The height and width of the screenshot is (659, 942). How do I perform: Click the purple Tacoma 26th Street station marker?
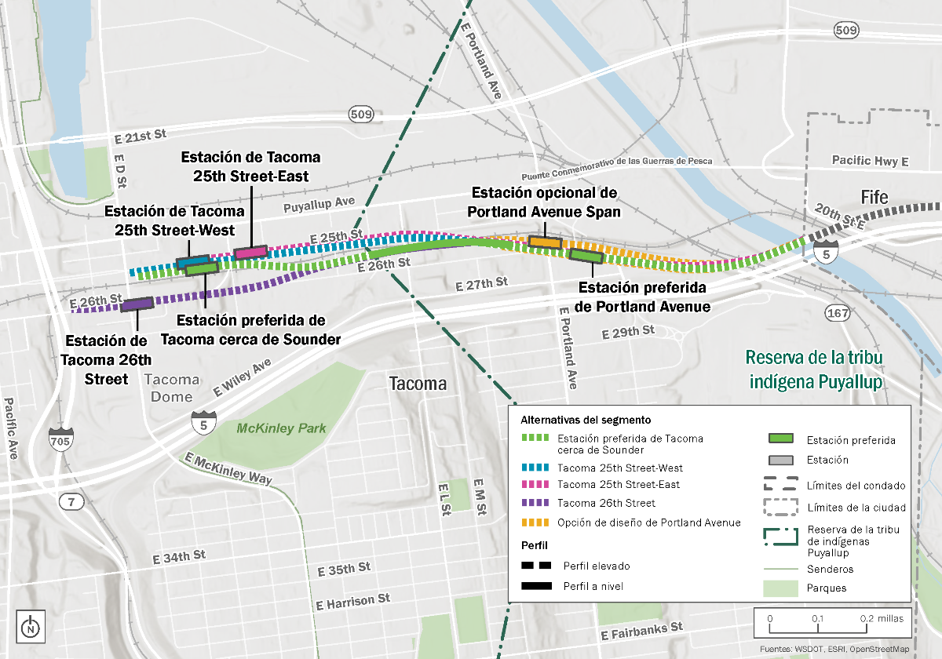(x=137, y=304)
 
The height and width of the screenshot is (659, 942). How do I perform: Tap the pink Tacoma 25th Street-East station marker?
(x=250, y=253)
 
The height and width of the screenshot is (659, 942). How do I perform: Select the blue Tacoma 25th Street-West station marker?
(x=192, y=261)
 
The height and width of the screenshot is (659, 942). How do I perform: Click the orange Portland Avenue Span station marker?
(x=544, y=242)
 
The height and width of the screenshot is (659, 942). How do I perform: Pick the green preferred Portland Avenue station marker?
(x=586, y=255)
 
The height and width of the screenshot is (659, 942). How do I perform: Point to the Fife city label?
(x=874, y=197)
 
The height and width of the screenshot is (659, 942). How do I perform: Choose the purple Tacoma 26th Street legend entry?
(x=605, y=503)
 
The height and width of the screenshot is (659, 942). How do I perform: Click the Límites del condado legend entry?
(x=856, y=486)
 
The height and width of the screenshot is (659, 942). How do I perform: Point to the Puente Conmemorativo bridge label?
(x=616, y=161)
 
